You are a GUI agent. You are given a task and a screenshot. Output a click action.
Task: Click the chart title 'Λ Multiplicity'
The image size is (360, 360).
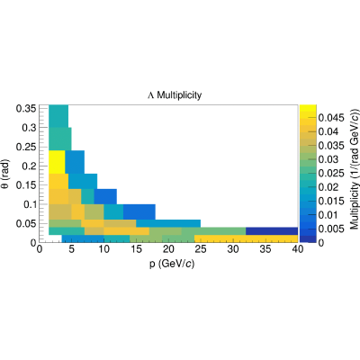175,95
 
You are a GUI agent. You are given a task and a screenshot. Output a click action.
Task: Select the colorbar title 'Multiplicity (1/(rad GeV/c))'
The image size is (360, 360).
355,169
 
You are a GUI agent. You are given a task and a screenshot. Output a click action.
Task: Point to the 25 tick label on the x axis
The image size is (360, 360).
201,249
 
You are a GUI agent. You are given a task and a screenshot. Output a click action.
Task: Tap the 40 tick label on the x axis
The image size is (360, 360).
297,249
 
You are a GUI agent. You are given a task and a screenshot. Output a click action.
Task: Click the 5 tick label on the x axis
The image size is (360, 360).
71,249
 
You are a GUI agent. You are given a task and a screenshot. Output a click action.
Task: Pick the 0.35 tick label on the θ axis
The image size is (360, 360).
26,108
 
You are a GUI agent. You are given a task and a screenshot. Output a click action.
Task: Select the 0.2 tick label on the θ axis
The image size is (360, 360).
29,166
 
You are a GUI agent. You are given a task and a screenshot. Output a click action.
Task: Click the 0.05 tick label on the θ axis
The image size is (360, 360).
26,223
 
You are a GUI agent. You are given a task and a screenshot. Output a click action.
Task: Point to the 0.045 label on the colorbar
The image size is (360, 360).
331,118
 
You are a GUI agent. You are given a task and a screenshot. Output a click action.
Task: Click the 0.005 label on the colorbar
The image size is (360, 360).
331,229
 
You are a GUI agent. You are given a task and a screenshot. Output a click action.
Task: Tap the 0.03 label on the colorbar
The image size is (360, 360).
328,159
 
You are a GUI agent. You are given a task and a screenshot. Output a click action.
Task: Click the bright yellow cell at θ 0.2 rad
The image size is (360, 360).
57,162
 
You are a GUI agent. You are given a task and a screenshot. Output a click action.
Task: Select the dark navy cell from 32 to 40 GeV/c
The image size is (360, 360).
272,231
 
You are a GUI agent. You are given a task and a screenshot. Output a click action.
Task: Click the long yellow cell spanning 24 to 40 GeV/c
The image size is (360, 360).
246,238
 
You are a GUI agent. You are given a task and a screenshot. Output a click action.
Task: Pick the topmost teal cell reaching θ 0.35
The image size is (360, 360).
58,116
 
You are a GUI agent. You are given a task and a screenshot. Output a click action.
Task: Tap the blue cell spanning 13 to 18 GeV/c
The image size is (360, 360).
139,211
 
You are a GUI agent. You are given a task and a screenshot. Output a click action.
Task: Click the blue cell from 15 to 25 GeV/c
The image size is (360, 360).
168,223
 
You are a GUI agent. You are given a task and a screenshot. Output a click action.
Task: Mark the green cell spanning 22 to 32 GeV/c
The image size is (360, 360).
213,231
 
